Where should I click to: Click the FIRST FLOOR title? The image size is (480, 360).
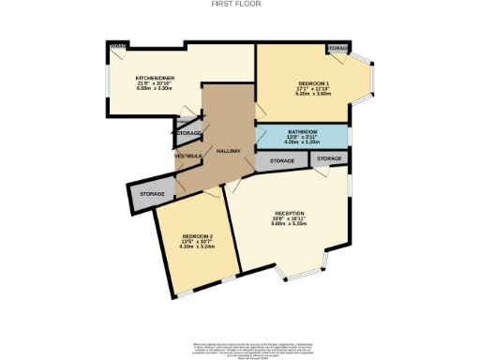[240, 4]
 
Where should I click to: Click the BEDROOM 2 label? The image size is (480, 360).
[198, 235]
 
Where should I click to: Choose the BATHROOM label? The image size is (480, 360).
[303, 131]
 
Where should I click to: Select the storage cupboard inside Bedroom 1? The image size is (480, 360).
[337, 48]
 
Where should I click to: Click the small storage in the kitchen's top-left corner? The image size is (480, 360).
[117, 46]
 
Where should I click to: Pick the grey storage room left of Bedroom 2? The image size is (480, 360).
[152, 194]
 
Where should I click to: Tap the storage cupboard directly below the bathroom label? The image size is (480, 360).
[282, 161]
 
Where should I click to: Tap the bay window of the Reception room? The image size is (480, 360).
[301, 273]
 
